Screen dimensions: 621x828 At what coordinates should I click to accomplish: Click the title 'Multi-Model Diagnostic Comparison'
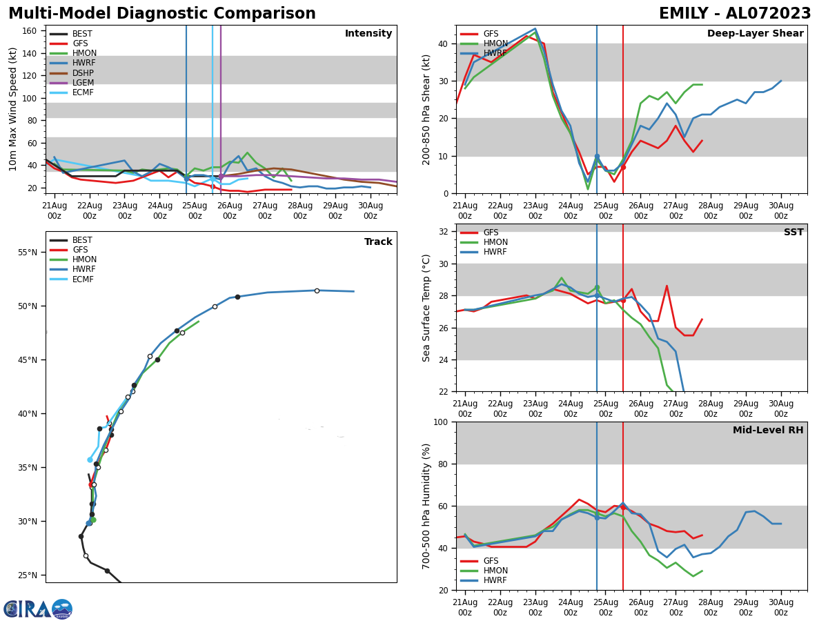pos(161,14)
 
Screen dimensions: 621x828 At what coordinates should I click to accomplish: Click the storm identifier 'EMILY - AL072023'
pos(735,14)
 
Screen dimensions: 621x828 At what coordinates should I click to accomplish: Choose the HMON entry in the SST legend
pos(495,242)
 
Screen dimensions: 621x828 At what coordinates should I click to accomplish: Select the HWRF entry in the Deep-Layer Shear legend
pos(495,53)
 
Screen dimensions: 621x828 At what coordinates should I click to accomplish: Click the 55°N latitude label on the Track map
pos(28,253)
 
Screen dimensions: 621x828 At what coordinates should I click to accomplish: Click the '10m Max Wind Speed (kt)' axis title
pos(13,109)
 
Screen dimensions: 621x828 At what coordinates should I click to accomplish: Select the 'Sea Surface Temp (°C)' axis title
pos(427,308)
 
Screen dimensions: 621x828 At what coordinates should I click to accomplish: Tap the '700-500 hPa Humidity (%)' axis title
pos(427,506)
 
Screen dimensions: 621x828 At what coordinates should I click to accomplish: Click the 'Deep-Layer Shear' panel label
pos(755,34)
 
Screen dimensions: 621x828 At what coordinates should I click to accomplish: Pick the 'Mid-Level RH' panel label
pos(768,431)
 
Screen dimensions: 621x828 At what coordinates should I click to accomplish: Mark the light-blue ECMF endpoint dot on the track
pos(90,460)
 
